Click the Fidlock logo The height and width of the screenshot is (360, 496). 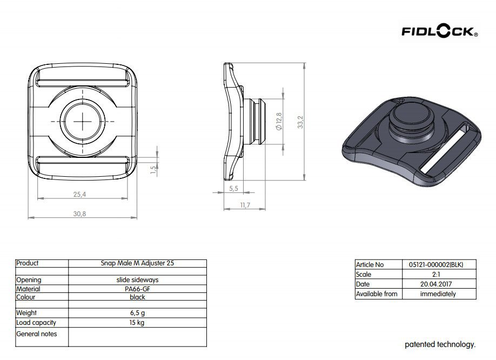tap(440, 31)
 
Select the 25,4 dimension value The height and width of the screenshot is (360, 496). tap(79, 194)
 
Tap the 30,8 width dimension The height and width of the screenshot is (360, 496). tap(79, 214)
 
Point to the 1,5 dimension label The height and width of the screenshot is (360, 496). tap(153, 170)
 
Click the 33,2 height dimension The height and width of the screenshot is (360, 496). tap(300, 122)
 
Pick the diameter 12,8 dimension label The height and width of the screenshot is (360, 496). tap(279, 121)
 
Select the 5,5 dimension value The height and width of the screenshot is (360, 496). tap(233, 189)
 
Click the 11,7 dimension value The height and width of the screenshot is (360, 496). tap(245, 205)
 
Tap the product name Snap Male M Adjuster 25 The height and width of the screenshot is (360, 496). tap(137, 263)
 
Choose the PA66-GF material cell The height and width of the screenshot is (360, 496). tap(137, 289)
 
